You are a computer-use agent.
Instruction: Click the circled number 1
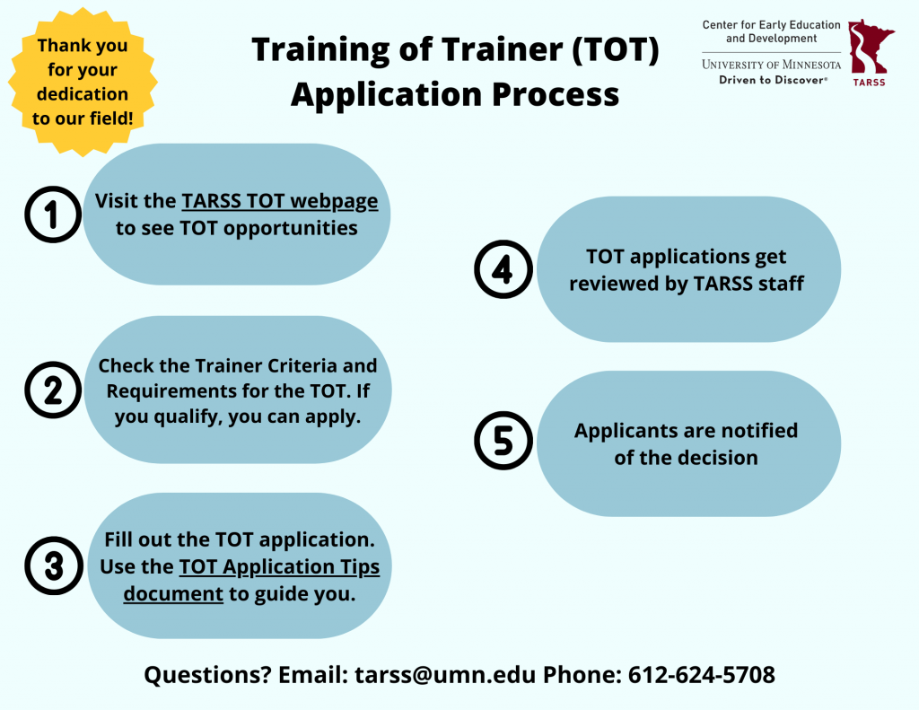[53, 215]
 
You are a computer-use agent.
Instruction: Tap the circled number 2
[53, 390]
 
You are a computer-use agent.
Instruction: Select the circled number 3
[53, 565]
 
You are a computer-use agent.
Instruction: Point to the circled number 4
[503, 269]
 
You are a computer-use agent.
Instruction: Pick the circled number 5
[503, 441]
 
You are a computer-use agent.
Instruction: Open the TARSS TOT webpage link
[280, 201]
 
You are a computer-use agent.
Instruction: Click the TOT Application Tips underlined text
[280, 567]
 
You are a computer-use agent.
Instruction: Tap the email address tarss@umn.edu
[445, 675]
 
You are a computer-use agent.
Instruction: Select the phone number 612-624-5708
[702, 675]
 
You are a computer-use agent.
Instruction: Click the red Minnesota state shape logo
[869, 47]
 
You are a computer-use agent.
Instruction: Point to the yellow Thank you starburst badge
[83, 82]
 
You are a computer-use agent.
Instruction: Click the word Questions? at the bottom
[207, 675]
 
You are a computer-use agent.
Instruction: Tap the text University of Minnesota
[771, 65]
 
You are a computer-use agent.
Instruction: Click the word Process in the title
[556, 94]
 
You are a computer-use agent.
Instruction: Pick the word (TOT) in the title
[616, 49]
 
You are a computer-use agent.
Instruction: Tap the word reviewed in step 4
[614, 284]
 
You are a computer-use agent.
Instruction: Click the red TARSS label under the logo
[869, 83]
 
